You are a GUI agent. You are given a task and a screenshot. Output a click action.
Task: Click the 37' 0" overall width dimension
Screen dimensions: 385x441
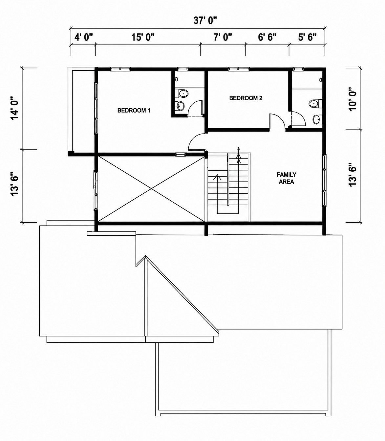tap(205, 20)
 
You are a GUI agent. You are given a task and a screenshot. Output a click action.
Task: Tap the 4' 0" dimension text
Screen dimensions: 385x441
tap(83, 37)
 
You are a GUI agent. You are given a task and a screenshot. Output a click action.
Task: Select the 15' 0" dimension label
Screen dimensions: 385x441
tap(143, 37)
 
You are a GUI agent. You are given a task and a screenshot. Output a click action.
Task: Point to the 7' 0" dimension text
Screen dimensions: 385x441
tap(223, 37)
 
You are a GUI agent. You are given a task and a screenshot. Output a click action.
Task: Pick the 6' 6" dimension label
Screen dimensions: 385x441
tap(267, 37)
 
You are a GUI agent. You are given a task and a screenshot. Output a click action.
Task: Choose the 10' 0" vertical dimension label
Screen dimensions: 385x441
tap(353, 99)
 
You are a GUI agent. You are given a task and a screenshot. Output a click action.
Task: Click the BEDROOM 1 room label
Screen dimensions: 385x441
tap(134, 110)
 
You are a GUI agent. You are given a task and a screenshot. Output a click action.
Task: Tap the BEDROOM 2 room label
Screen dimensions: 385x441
tap(246, 98)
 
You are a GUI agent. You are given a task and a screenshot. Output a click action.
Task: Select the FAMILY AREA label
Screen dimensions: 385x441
tap(286, 178)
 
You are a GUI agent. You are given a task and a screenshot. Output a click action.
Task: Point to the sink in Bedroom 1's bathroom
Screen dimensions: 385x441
tap(181, 106)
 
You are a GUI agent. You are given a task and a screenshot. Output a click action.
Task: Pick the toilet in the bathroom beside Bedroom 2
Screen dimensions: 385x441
tap(315, 103)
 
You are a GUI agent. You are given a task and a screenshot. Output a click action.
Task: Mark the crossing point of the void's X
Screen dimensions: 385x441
tap(151, 189)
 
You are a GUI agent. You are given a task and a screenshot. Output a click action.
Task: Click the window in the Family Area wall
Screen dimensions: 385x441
tap(324, 180)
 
